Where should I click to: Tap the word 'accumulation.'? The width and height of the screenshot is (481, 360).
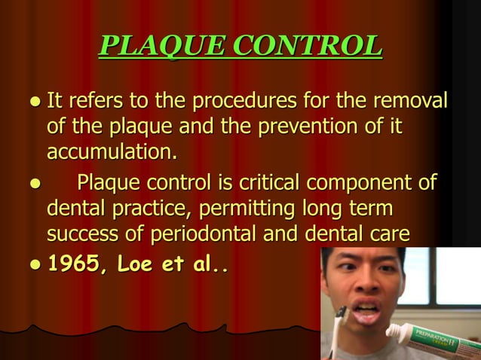coord(112,152)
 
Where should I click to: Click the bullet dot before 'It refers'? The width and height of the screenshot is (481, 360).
coord(35,101)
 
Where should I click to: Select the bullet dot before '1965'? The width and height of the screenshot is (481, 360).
coord(35,266)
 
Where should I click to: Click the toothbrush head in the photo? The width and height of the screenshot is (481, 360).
coord(340,315)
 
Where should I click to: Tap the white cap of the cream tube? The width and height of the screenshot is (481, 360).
coord(397,332)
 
